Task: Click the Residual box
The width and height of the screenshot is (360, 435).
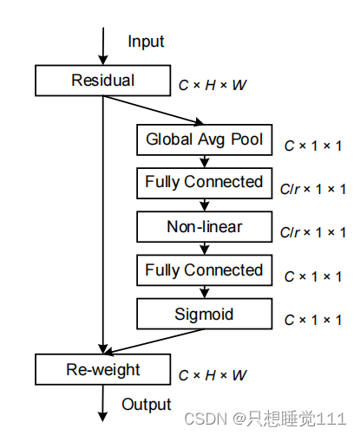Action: tap(103, 81)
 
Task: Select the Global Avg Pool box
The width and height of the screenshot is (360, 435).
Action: tap(205, 140)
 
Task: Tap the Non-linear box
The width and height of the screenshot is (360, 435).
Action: tap(205, 227)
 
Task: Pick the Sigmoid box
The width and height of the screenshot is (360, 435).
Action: tap(205, 314)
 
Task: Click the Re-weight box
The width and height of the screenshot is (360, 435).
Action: tap(103, 369)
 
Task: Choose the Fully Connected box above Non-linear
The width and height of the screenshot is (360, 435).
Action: tap(205, 183)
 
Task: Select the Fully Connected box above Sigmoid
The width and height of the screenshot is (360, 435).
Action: tap(205, 270)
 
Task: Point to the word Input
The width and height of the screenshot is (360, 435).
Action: tap(146, 42)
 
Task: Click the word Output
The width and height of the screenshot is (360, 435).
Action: tap(147, 405)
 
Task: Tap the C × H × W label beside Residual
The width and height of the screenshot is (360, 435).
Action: tap(213, 85)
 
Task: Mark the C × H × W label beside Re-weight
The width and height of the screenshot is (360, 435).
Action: tap(213, 375)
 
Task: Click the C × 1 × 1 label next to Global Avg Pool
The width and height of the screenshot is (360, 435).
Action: tap(313, 146)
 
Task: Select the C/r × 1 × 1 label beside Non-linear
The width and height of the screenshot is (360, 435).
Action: tap(313, 232)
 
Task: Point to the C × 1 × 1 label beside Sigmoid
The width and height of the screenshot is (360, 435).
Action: tap(313, 320)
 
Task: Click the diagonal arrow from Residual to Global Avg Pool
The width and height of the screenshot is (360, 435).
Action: tap(154, 110)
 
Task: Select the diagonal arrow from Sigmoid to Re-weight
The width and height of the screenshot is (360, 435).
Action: tap(154, 341)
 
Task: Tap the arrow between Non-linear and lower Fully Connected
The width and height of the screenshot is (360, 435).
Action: tap(205, 249)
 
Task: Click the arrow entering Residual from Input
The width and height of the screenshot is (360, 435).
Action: tap(103, 46)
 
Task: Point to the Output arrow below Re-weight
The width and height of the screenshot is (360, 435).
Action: tap(102, 403)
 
